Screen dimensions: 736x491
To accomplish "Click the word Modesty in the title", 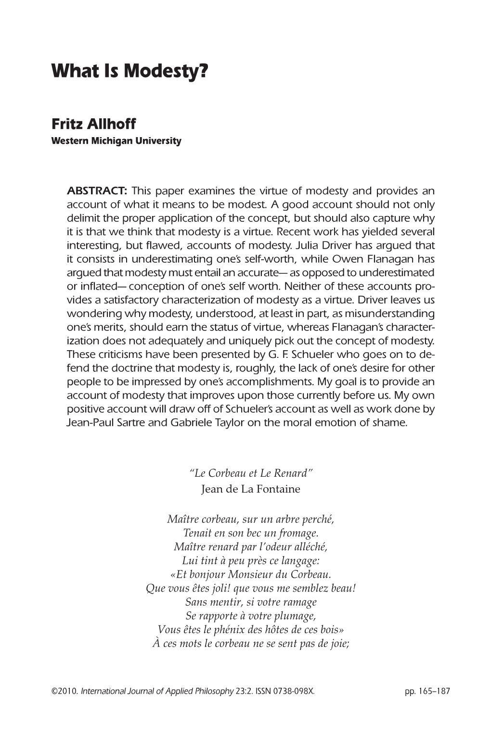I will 165,72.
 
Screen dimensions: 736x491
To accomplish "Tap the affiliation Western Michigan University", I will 116,141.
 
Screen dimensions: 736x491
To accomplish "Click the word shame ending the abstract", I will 393,423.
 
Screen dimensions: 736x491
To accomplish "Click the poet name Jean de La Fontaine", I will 250,489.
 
